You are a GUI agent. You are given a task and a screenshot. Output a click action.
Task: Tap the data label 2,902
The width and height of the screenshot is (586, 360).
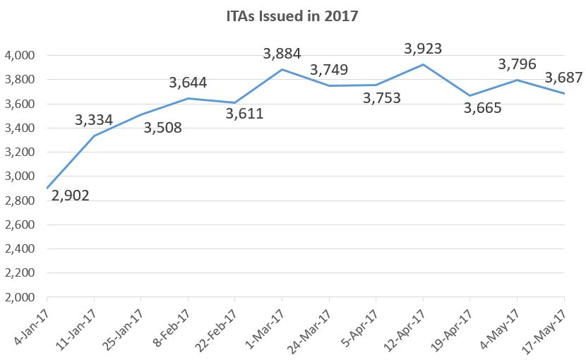click(x=71, y=196)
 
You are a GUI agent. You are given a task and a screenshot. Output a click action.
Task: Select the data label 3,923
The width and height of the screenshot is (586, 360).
click(x=423, y=49)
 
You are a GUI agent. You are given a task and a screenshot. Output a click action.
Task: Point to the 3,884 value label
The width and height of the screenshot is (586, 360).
click(x=282, y=54)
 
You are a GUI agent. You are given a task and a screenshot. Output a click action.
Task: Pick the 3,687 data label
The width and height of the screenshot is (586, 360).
click(x=563, y=78)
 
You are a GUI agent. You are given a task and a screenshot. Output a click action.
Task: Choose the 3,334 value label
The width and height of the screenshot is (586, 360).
click(x=94, y=120)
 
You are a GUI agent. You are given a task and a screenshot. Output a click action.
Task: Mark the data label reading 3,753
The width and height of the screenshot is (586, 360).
click(x=382, y=98)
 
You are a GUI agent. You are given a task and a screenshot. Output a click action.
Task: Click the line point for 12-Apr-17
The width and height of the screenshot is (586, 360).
click(x=423, y=65)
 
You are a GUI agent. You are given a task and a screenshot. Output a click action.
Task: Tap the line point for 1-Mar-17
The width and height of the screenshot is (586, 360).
click(x=282, y=69)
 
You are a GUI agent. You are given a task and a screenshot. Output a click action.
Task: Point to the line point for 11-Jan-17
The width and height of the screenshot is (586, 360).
click(x=94, y=136)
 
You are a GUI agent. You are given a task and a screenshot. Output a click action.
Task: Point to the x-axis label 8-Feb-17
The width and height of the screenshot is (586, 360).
click(x=174, y=324)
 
